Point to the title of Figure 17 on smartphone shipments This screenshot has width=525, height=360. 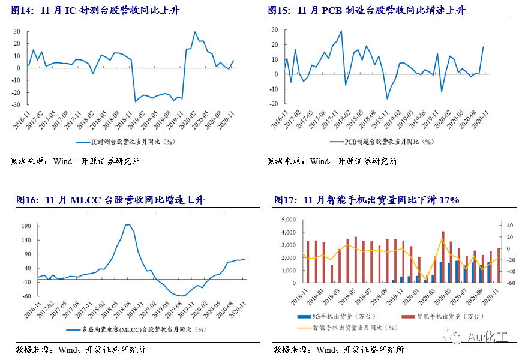367,200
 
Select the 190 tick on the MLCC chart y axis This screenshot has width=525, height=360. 26,226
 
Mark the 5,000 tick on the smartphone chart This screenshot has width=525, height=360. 288,220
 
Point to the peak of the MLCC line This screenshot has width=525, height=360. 128,224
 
